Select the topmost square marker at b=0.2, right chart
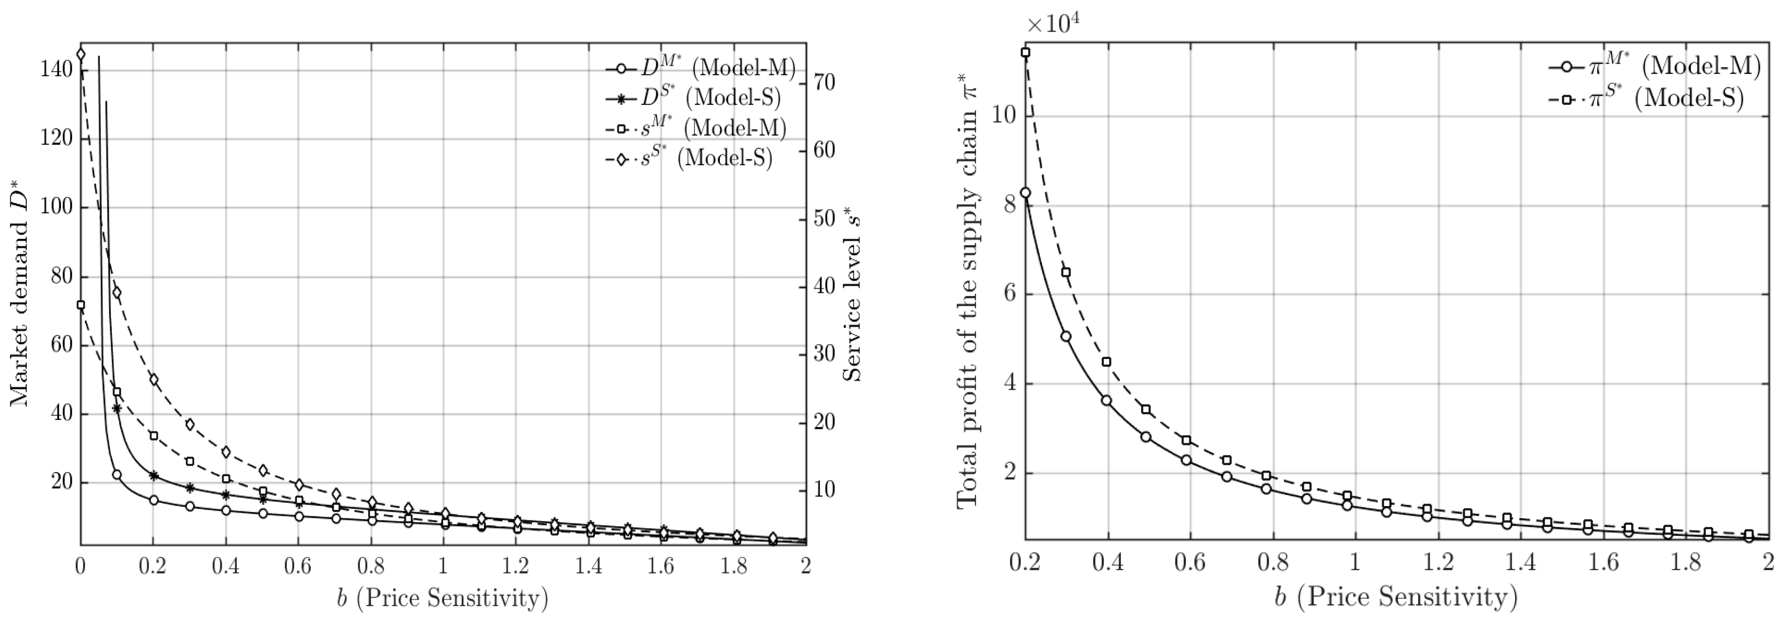pyautogui.click(x=1025, y=53)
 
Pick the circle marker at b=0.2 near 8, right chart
pyautogui.click(x=1025, y=193)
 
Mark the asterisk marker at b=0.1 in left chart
pyautogui.click(x=117, y=408)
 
